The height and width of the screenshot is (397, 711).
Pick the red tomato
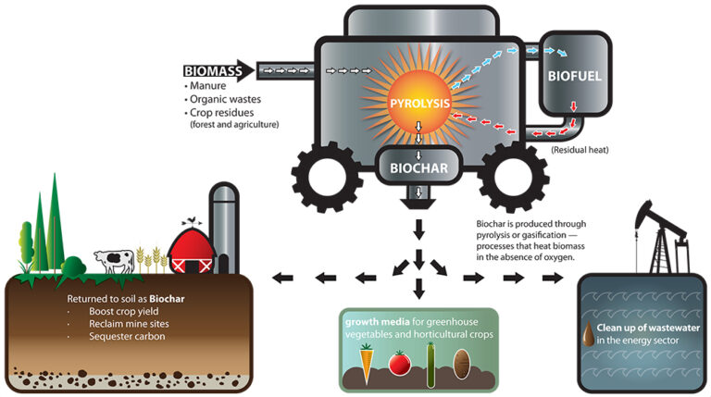tap(399, 362)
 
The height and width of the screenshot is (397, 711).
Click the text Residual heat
tap(580, 148)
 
